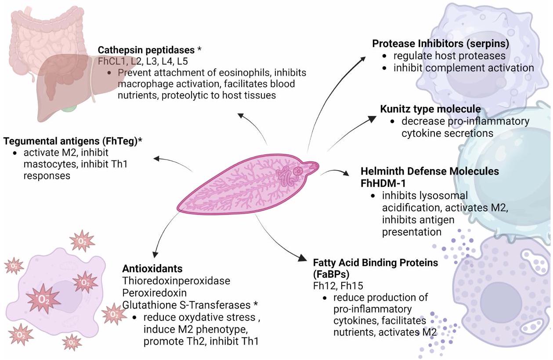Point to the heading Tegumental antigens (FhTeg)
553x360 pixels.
[x=72, y=141]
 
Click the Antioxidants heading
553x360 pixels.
[x=152, y=268]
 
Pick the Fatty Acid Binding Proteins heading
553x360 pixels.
[x=376, y=263]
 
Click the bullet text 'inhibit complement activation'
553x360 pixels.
[x=463, y=68]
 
